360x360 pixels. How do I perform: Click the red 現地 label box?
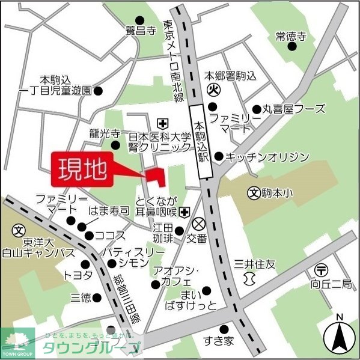click(x=83, y=170)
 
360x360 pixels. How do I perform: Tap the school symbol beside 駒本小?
click(x=254, y=194)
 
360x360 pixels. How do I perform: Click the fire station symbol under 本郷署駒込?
click(x=212, y=91)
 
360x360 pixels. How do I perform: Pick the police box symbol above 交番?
click(x=199, y=224)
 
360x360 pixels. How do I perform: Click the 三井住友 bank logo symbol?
click(x=249, y=279)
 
